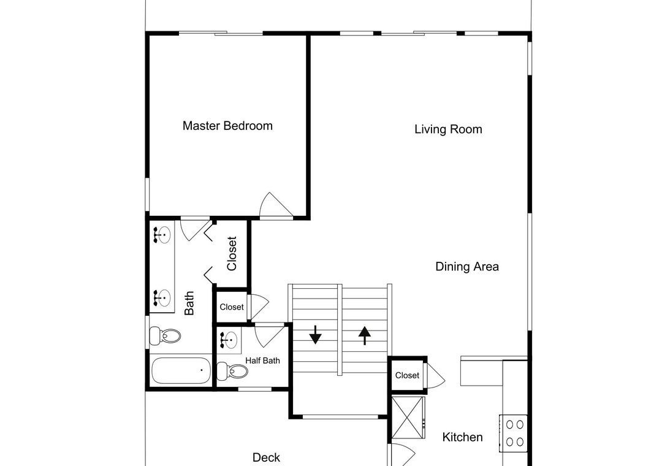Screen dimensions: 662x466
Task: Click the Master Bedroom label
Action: pos(227,126)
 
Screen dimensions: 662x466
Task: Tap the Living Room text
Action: pos(448,129)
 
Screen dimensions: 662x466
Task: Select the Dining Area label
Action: pos(467,267)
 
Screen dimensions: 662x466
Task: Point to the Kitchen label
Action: pos(462,437)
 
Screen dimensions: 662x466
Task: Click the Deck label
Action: pos(266,457)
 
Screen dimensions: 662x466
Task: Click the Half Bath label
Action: pos(262,361)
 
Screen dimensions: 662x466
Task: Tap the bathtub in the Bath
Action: pos(181,370)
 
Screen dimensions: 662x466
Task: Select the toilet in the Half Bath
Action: pos(232,372)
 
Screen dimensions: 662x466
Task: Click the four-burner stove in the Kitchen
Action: pos(514,434)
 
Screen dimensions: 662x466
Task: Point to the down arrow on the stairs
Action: pos(316,335)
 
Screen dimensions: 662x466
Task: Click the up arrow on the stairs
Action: pos(365,335)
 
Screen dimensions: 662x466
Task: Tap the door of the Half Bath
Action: pos(269,335)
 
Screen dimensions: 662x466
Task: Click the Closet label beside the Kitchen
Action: pos(407,376)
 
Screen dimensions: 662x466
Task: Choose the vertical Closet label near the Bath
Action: pos(232,253)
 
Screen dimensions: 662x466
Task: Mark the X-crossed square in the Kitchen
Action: pos(408,418)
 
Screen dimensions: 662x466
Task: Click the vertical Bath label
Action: pos(189,303)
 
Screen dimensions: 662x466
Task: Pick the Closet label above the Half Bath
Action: pos(232,307)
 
